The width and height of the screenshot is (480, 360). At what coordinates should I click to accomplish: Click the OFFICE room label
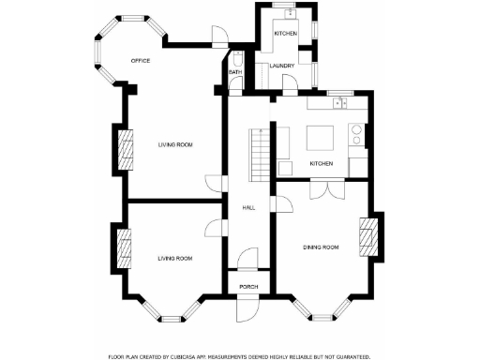141,61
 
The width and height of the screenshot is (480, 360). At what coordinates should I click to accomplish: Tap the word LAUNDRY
282,66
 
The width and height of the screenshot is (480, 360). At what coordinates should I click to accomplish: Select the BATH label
235,72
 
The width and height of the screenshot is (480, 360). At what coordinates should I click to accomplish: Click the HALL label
248,207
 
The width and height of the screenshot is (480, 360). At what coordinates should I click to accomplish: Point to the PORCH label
248,286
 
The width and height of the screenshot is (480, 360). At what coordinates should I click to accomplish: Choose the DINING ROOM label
321,247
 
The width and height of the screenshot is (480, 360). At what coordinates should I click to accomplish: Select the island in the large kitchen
321,139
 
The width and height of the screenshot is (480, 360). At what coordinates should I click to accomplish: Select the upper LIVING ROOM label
175,145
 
